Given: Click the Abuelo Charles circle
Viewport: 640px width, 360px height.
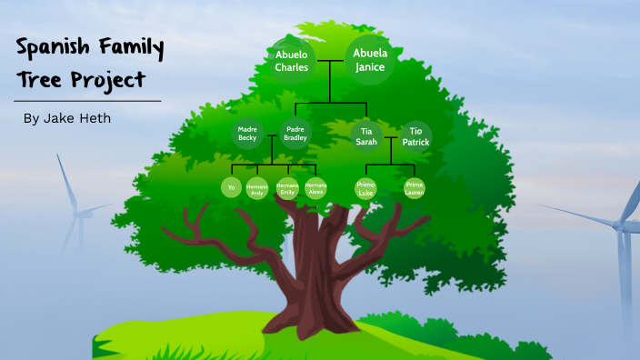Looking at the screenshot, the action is [292, 61].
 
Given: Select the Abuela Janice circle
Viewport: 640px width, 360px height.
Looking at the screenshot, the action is [369, 59].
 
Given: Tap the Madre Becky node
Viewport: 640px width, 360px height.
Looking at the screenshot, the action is [247, 135].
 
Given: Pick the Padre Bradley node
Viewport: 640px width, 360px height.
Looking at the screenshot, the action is [295, 135].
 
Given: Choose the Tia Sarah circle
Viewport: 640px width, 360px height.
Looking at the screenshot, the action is [366, 135].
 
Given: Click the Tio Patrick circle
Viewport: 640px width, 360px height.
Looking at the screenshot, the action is [415, 135].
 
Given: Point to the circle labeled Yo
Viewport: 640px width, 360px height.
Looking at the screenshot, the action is [232, 187].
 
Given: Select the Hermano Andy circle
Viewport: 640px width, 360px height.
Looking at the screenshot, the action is [256, 188].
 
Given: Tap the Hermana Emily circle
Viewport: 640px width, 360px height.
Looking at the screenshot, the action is [287, 188].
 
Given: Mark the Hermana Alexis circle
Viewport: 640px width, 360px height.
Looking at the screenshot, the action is [315, 187].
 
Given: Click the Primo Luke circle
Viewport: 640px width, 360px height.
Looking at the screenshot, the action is [365, 189].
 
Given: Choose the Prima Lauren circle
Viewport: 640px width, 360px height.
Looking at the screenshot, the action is [415, 188].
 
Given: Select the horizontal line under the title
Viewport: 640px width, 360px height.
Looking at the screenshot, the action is [87, 100].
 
